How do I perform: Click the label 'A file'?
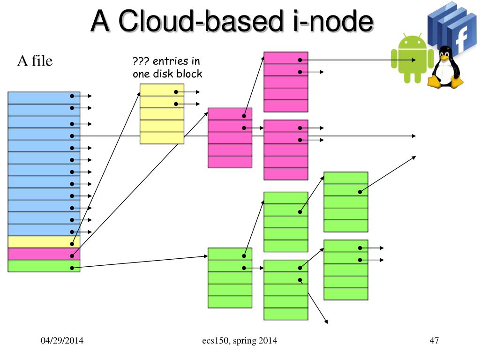pyautogui.click(x=35, y=61)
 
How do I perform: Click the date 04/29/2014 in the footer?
pyautogui.click(x=61, y=341)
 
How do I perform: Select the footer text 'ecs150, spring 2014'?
pyautogui.click(x=236, y=341)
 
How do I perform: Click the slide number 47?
pyautogui.click(x=434, y=341)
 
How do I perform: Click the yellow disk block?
pyautogui.click(x=162, y=114)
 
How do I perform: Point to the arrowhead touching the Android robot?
pyautogui.click(x=414, y=60)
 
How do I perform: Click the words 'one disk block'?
pyautogui.click(x=167, y=74)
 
